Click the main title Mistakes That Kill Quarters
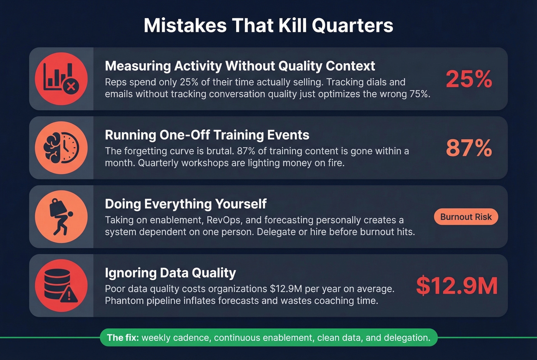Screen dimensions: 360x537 tap(268, 25)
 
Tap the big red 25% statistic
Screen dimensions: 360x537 tap(469, 79)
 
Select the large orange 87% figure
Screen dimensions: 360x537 tap(469, 148)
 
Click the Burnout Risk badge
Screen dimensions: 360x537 tap(466, 217)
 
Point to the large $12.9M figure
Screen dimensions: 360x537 tap(456, 286)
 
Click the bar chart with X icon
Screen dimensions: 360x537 tap(61, 79)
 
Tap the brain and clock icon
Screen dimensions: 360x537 tap(61, 148)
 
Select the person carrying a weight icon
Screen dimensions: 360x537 tap(61, 217)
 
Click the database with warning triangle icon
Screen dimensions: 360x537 tap(61, 286)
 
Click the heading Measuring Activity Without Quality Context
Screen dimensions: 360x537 tap(240, 66)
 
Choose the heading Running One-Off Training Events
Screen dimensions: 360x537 tap(207, 135)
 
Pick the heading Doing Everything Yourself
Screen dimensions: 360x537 tap(186, 204)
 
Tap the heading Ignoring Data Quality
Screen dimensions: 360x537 tap(170, 273)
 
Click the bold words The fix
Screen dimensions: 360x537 tap(123, 338)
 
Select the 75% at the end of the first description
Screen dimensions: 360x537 tap(419, 94)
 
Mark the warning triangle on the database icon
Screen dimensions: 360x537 tap(69, 295)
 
